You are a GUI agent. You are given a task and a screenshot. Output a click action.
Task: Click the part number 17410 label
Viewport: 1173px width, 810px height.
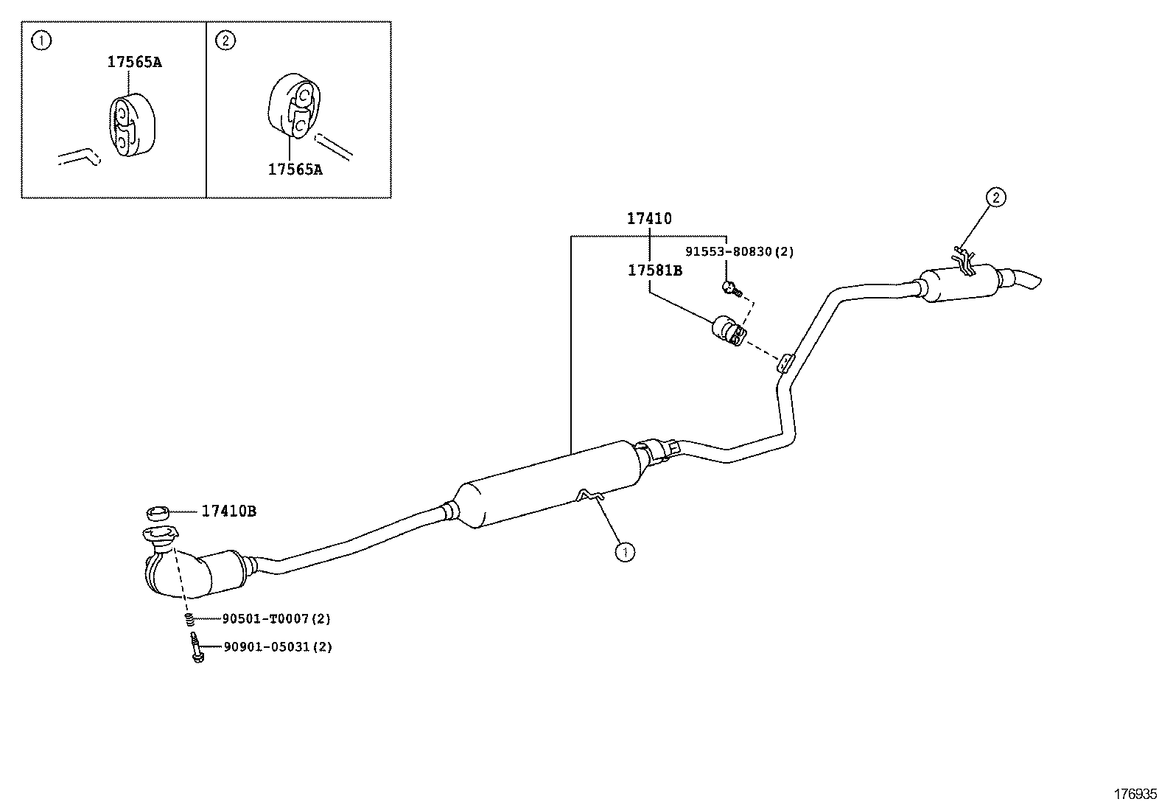click(649, 219)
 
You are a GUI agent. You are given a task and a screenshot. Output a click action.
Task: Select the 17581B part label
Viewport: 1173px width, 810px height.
click(655, 270)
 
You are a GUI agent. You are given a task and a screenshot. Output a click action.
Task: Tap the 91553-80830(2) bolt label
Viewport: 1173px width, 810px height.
click(739, 252)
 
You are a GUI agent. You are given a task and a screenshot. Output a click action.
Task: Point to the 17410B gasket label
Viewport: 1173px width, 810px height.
click(229, 511)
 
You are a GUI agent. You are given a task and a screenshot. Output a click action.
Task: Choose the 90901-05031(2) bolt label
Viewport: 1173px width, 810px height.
click(278, 647)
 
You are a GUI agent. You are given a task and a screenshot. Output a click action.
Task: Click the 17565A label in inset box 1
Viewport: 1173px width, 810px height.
click(134, 62)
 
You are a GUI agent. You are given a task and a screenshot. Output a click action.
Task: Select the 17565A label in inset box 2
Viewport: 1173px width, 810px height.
click(295, 170)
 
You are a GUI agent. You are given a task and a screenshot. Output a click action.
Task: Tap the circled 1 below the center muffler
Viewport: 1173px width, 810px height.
click(625, 551)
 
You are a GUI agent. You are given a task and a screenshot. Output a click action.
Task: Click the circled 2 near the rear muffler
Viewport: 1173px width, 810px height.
click(995, 198)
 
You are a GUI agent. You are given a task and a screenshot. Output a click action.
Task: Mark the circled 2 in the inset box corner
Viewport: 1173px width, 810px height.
click(226, 41)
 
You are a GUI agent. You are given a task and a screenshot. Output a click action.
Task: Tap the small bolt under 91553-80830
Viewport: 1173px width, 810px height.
click(730, 288)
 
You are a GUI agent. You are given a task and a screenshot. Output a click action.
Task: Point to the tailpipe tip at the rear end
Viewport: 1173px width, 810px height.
click(1027, 280)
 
